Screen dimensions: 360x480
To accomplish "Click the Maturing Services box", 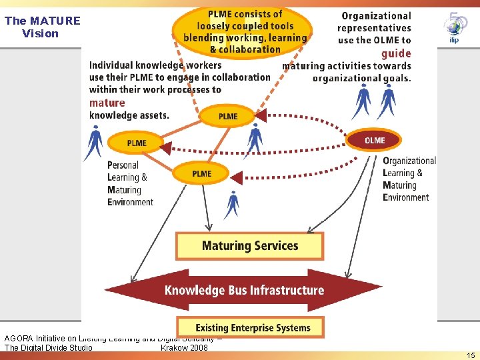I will (x=249, y=246).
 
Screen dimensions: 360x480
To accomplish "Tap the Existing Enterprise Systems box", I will (x=249, y=327).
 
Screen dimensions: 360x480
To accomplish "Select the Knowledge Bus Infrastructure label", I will (x=244, y=290).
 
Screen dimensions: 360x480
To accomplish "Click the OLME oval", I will (x=375, y=140).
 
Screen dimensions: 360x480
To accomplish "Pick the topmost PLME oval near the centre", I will (x=228, y=116).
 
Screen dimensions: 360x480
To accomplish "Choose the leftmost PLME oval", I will (x=137, y=143).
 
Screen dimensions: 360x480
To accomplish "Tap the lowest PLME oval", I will (x=201, y=173).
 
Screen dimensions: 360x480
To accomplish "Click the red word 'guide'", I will (x=396, y=53).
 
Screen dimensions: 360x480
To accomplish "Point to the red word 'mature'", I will (x=107, y=103).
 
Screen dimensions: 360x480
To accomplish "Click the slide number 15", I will (x=471, y=355).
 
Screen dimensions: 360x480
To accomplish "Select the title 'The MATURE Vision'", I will (x=41, y=27).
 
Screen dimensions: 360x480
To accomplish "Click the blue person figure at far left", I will (x=94, y=141).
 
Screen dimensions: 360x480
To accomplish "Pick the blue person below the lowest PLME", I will (x=233, y=203).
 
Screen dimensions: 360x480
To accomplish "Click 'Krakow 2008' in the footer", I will (x=184, y=347).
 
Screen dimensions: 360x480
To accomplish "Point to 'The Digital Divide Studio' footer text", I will (x=49, y=347).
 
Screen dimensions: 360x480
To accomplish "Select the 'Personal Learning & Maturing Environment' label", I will (x=130, y=183).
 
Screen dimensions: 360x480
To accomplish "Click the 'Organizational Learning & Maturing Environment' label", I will (x=409, y=179).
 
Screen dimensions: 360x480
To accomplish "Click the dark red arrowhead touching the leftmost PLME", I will (x=165, y=147).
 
